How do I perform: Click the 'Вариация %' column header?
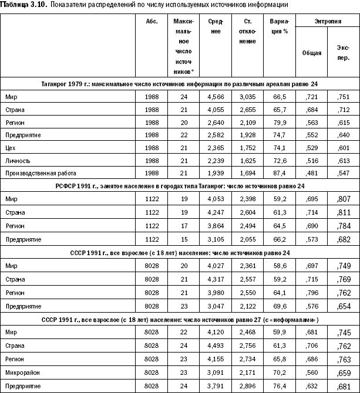[x=280, y=25]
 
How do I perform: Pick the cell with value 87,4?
[x=280, y=173]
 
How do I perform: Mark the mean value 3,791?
[x=216, y=387]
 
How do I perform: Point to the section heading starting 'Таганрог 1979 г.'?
[x=180, y=83]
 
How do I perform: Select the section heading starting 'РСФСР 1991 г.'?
[x=180, y=186]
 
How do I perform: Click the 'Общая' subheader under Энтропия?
[x=311, y=52]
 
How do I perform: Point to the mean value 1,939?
[x=216, y=173]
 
